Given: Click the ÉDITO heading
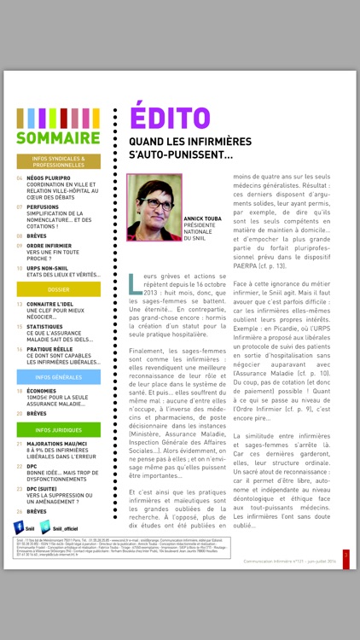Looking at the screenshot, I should [x=164, y=119].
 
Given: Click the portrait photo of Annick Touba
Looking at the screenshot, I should [x=154, y=207].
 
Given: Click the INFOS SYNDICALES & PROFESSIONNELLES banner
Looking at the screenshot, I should [x=59, y=161].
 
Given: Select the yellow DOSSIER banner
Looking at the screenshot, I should [x=59, y=289].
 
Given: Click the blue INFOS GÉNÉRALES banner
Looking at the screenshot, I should [x=59, y=376].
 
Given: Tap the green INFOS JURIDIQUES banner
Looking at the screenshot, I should [x=59, y=430].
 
